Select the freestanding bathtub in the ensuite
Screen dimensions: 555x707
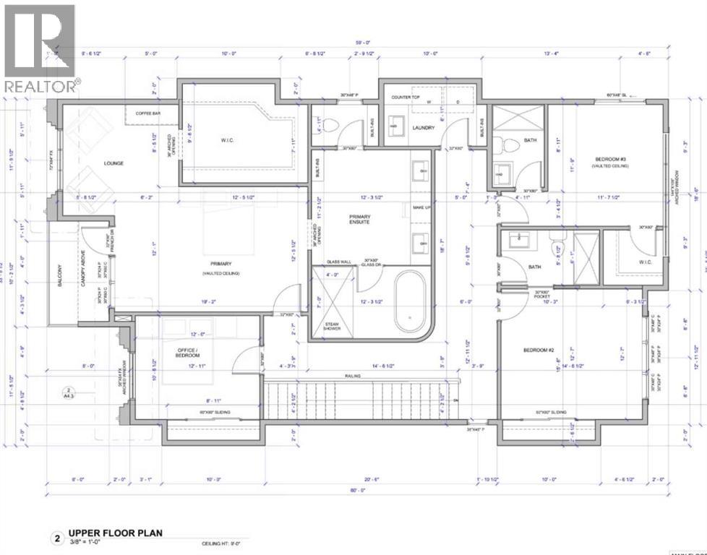[410, 306]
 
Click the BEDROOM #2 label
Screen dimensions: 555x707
[539, 350]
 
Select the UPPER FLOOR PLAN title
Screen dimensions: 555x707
[115, 533]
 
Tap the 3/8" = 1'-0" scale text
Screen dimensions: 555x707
[87, 543]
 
